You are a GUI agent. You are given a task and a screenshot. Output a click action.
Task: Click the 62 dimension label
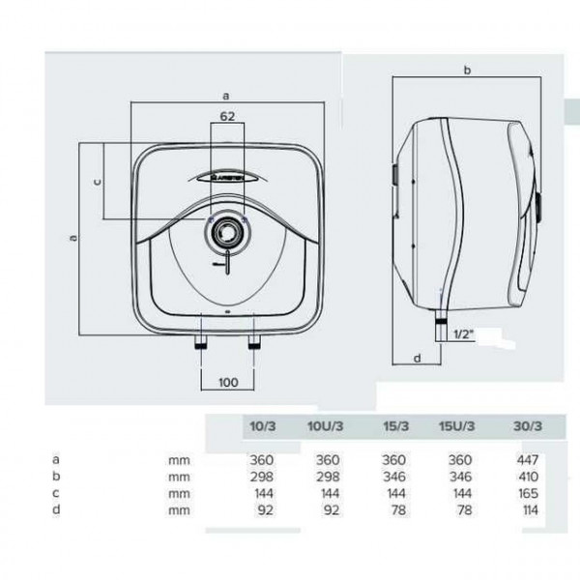(x=227, y=116)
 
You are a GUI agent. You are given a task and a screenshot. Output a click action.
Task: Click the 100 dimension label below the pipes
(x=228, y=382)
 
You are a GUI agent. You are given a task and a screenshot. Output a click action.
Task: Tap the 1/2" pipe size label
(x=464, y=334)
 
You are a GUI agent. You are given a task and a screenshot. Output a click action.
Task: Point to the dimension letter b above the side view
(x=467, y=70)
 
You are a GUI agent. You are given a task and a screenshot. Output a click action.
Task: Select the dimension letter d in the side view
(x=418, y=358)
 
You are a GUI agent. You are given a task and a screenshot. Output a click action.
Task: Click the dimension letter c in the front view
(x=98, y=182)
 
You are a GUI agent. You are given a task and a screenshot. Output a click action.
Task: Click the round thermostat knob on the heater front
(x=227, y=232)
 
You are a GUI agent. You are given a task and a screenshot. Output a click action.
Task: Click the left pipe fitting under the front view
(x=201, y=341)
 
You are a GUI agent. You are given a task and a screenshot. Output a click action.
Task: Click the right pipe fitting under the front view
(x=253, y=341)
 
